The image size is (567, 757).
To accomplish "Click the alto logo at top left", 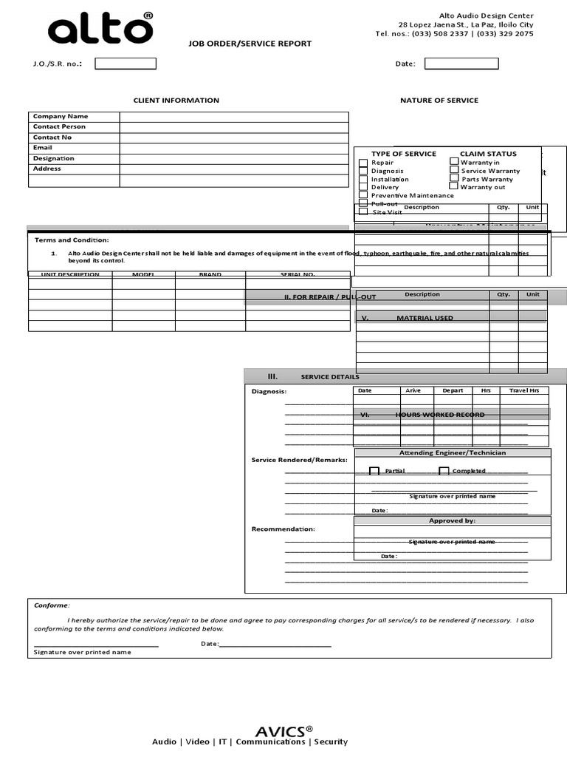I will point(100,30).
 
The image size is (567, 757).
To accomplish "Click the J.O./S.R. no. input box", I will point(126,64).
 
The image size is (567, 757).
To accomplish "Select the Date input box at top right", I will point(461,64).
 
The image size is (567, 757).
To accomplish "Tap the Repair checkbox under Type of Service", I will point(363,163).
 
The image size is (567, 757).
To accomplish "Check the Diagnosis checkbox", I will point(363,171).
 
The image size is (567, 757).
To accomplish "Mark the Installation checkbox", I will point(363,179).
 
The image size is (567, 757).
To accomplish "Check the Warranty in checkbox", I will point(454,161).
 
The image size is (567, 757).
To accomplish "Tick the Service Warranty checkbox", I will point(454,170).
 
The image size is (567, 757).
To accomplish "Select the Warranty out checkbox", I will point(454,186).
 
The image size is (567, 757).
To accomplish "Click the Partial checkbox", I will point(374,471).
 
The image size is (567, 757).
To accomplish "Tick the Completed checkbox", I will point(444,471).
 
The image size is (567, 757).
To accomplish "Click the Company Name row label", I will point(61,116).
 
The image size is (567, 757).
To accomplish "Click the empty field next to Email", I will point(233,148).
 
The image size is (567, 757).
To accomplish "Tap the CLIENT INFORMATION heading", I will point(176,101).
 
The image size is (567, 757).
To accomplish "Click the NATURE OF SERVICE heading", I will point(439,101).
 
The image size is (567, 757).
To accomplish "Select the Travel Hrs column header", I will point(524,390).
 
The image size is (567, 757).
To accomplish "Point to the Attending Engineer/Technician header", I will point(453,452).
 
